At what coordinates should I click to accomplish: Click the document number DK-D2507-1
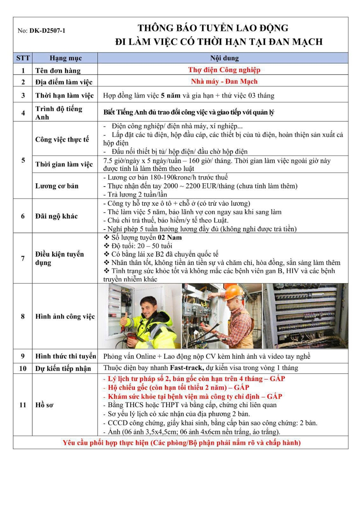tap(47, 31)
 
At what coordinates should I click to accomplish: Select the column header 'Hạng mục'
tap(65, 58)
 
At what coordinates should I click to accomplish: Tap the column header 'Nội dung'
tap(224, 58)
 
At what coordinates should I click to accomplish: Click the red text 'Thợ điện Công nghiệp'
tap(224, 70)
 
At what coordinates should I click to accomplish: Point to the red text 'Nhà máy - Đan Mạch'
tap(224, 81)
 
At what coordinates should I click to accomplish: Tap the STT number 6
tap(23, 216)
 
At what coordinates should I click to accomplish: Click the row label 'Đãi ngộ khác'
tap(56, 216)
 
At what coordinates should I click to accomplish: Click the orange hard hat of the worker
tap(233, 292)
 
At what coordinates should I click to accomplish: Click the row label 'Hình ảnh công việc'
tap(65, 316)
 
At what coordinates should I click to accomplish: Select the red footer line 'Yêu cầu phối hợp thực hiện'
tap(182, 443)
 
